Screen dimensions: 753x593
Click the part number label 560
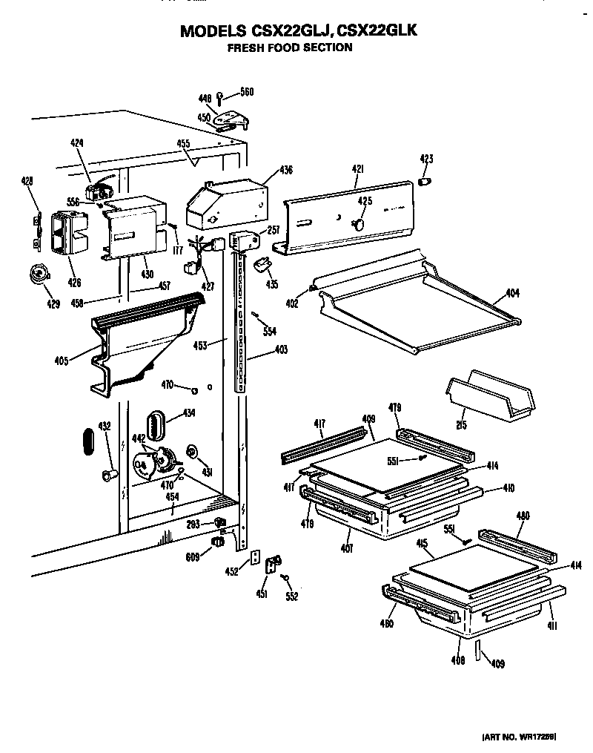tap(247, 92)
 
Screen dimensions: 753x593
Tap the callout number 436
tap(287, 170)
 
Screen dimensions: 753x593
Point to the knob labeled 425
tap(359, 223)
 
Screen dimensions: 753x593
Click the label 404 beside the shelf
tap(513, 293)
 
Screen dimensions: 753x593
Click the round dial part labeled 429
tap(37, 274)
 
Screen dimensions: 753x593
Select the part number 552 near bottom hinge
tap(291, 596)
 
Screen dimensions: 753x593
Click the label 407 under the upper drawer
tap(348, 549)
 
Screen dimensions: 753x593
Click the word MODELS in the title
tap(211, 32)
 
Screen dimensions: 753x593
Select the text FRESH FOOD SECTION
tap(289, 47)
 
